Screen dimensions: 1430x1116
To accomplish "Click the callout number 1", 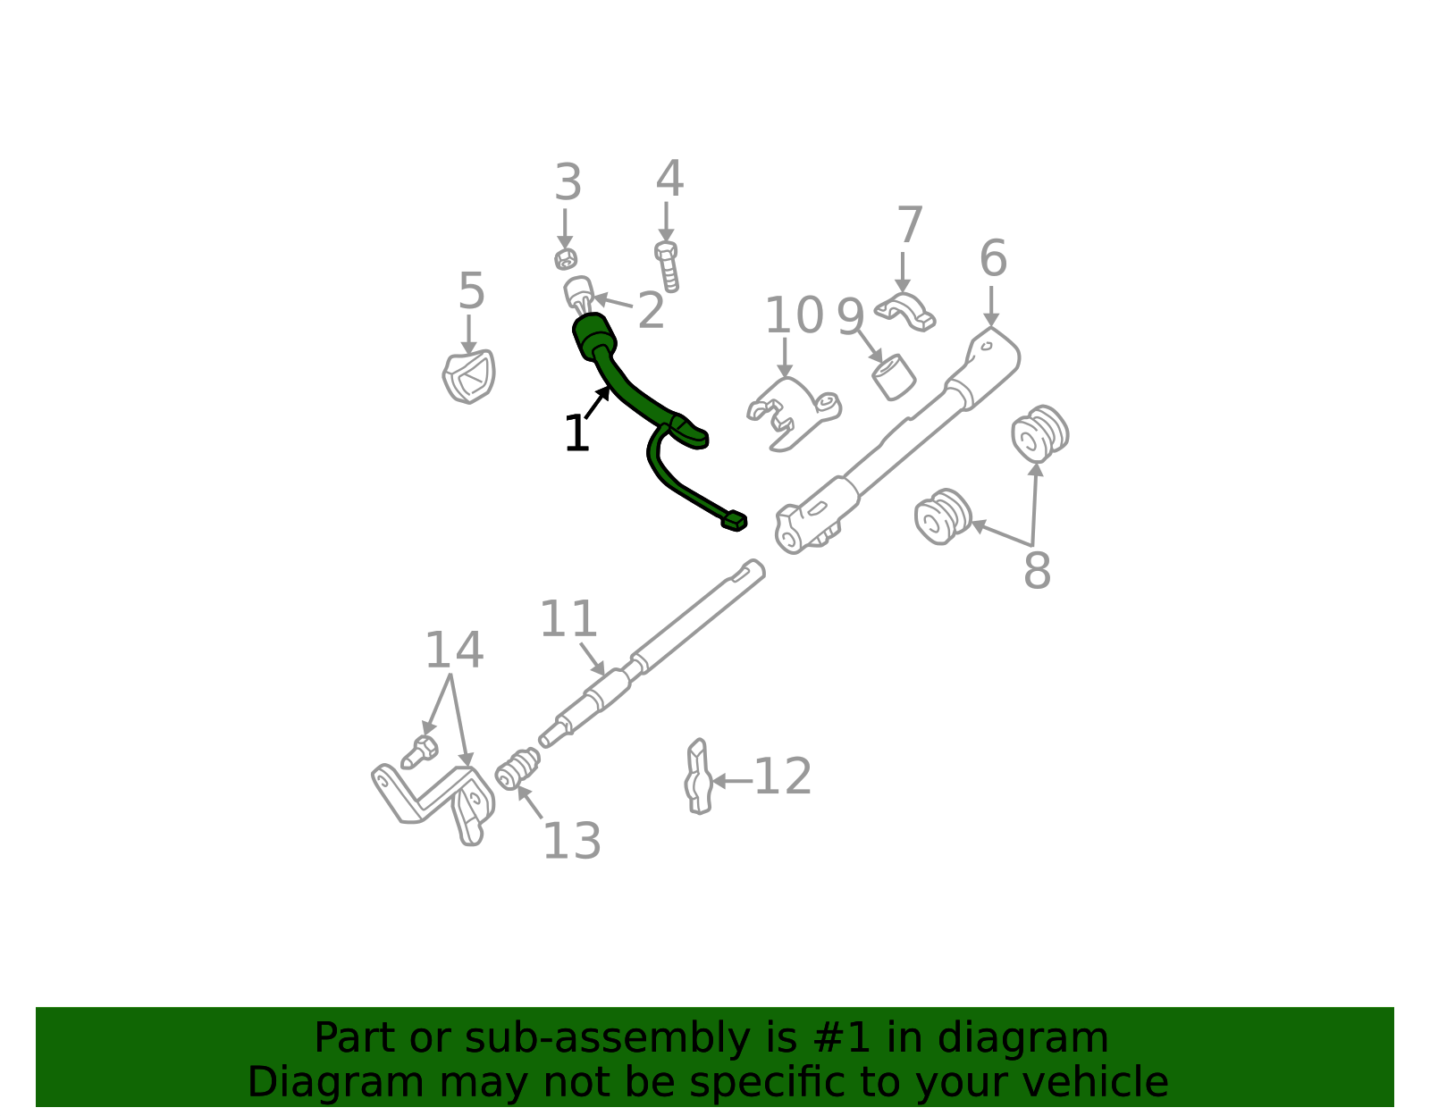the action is tap(576, 435).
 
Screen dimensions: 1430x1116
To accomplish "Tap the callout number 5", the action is tap(471, 291).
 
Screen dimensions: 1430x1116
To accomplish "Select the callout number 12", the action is tap(783, 776).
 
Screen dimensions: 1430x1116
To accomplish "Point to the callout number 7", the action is tap(909, 225).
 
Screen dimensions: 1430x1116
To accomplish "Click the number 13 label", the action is tap(572, 841).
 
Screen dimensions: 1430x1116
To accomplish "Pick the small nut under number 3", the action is tap(565, 259).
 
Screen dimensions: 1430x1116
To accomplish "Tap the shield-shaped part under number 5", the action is tap(469, 376).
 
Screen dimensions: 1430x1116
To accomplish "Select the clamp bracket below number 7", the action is tap(905, 310).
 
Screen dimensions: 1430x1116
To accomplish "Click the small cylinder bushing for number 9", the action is tap(893, 376).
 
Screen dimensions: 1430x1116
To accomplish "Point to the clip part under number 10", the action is tap(791, 412).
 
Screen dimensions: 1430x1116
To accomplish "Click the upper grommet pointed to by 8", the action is tap(1040, 433).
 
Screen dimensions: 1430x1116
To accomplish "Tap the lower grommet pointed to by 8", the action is tap(943, 516).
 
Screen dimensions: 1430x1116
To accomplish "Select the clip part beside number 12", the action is tap(698, 776).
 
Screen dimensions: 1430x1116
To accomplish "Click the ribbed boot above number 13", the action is tap(517, 769).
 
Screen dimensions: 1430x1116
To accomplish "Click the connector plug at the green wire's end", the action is tap(734, 520).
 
